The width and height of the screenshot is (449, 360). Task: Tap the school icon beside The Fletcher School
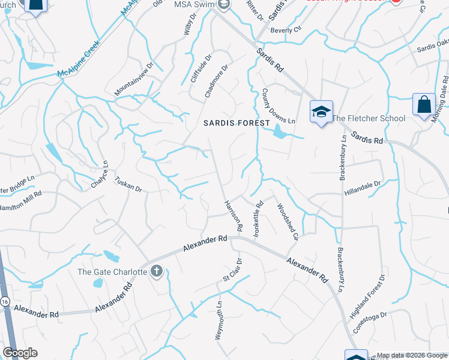321,112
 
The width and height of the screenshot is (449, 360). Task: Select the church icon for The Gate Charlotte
156,271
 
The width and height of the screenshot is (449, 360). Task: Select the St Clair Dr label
232,270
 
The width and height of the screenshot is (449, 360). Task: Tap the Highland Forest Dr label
367,296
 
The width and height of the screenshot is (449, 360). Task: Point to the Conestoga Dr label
387,314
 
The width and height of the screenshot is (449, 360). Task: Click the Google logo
20,353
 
